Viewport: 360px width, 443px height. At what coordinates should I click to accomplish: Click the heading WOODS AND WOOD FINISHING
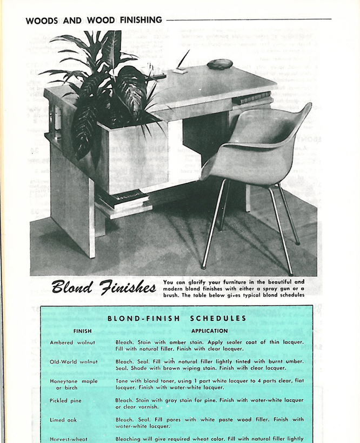(x=94, y=21)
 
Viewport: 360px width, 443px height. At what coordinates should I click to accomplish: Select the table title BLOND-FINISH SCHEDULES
(x=177, y=319)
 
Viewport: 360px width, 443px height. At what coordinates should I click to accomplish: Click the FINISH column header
(x=83, y=331)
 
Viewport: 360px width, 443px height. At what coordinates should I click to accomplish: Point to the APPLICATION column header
(x=209, y=331)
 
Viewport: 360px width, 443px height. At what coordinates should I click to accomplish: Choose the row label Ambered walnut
(x=72, y=342)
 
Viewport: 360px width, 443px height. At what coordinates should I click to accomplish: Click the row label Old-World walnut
(x=74, y=361)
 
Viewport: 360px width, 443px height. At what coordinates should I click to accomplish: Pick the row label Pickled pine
(x=66, y=400)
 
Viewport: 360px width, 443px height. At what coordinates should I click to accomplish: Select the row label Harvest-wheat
(x=69, y=439)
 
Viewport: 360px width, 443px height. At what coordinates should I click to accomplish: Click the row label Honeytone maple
(x=74, y=381)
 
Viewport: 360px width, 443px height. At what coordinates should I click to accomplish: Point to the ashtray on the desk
(x=219, y=64)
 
